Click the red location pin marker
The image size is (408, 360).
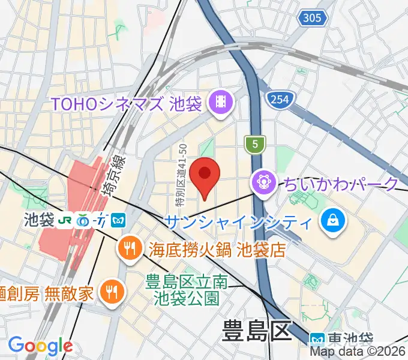tap(205, 175)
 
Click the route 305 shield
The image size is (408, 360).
tap(312, 18)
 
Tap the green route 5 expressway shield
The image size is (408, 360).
tap(255, 144)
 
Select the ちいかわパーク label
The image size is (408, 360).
tap(341, 183)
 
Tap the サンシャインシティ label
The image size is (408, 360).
tap(238, 222)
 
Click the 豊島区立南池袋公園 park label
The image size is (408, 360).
tap(187, 289)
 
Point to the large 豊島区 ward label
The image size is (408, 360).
tap(256, 331)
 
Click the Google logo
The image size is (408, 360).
tap(40, 346)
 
